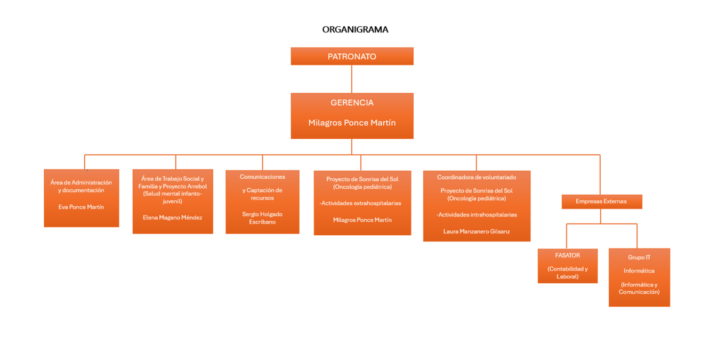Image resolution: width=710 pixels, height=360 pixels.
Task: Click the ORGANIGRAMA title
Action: click(355, 29)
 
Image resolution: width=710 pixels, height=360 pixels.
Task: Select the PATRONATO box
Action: click(352, 56)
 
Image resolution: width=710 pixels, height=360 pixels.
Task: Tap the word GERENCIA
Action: click(352, 102)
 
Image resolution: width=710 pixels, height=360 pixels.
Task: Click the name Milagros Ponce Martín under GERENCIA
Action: click(352, 123)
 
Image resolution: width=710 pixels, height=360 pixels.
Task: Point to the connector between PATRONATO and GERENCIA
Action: click(351, 79)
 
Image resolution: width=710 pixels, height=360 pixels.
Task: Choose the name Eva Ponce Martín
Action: click(81, 207)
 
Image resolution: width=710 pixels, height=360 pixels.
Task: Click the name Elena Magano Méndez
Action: click(172, 217)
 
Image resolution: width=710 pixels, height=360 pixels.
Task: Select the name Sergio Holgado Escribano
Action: click(262, 218)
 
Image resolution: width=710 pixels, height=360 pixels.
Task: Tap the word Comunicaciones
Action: click(262, 177)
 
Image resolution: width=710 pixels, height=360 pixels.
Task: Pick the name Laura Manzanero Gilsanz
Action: click(477, 231)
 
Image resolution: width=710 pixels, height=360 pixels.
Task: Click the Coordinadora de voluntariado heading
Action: click(477, 177)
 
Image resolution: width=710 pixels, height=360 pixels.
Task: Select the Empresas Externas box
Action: click(602, 202)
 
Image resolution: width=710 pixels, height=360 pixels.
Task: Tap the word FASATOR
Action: click(567, 255)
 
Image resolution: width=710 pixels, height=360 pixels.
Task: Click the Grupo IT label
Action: click(639, 257)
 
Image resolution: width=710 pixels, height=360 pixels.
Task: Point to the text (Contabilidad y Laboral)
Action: click(567, 273)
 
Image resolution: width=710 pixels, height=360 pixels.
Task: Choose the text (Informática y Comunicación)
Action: click(639, 288)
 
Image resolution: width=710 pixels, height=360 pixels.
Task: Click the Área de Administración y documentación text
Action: click(81, 186)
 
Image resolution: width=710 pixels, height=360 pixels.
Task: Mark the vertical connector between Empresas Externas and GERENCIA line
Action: click(600, 174)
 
